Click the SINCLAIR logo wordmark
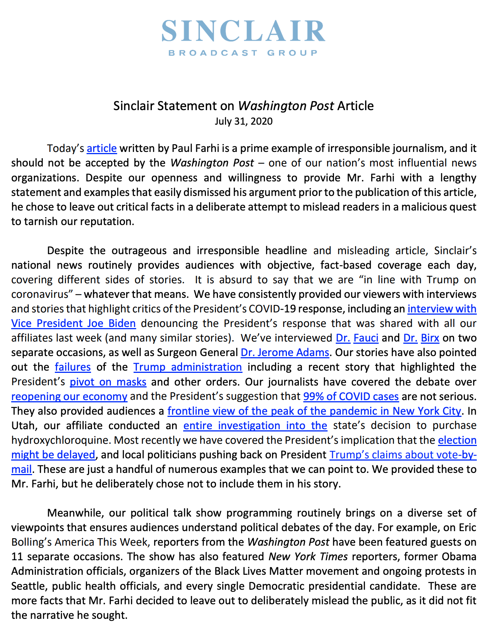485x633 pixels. point(243,31)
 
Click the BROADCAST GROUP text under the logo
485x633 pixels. point(243,53)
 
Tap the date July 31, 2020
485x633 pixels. point(243,122)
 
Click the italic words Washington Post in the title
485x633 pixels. point(286,106)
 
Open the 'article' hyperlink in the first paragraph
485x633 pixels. point(101,149)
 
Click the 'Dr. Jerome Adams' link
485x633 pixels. point(285,352)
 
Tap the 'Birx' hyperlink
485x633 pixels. point(430,338)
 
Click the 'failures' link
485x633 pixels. point(73,367)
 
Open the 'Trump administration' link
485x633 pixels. point(188,367)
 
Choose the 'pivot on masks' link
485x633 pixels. point(108,382)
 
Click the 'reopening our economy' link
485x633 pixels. point(69,396)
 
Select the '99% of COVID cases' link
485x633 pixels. point(351,396)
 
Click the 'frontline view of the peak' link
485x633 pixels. point(315,411)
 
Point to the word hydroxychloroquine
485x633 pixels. point(61,440)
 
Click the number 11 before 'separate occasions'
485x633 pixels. point(17,556)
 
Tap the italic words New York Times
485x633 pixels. point(308,556)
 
